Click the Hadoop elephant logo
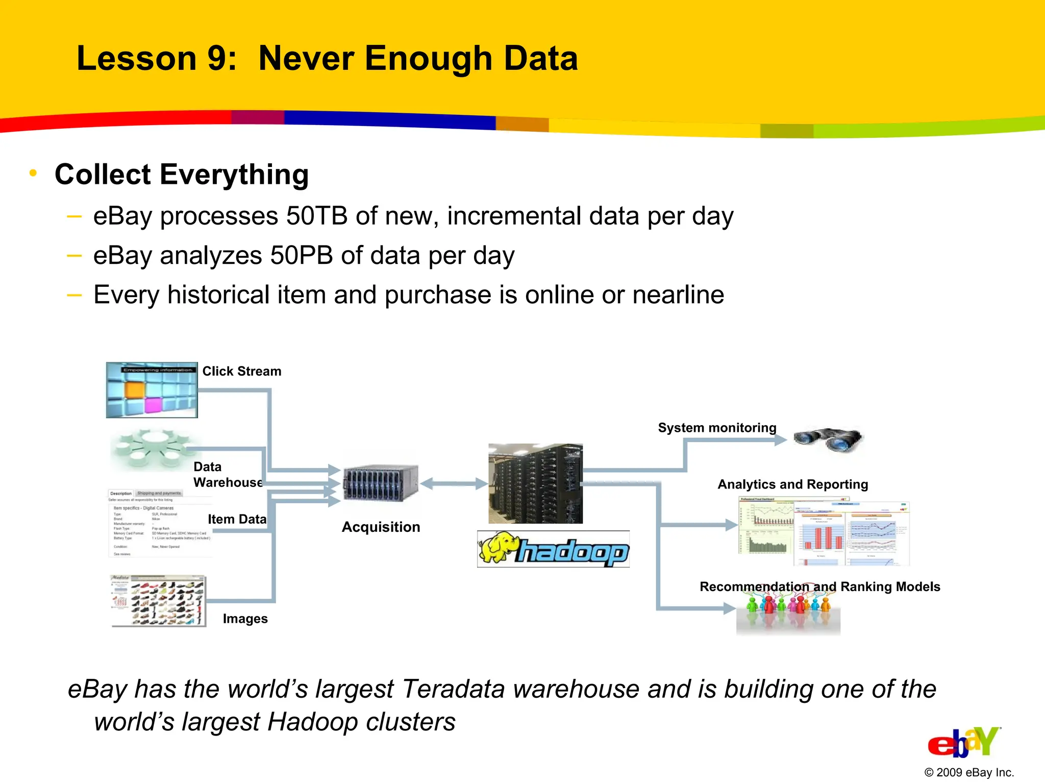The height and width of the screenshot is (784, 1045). (x=553, y=549)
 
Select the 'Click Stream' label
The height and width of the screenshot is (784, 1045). (x=241, y=371)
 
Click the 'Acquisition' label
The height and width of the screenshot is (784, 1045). (x=381, y=527)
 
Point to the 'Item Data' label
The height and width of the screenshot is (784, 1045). (x=237, y=519)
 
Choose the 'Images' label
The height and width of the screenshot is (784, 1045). (x=245, y=619)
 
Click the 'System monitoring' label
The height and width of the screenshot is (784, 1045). (x=717, y=428)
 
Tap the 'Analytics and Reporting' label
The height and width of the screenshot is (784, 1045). (x=792, y=484)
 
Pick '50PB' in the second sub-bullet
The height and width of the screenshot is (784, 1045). (x=301, y=255)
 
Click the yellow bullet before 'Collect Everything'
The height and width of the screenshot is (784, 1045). (x=33, y=173)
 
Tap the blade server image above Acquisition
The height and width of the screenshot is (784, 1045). (x=381, y=483)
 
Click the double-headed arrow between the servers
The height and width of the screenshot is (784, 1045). (x=453, y=483)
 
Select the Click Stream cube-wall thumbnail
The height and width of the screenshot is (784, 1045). (x=152, y=390)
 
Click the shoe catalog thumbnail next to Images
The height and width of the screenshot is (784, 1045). (x=158, y=601)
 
